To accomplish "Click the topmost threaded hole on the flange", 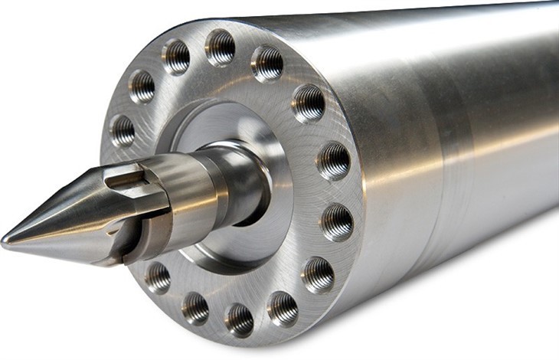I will [x=221, y=47].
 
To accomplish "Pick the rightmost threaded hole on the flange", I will [x=336, y=221].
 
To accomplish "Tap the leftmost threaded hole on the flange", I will [x=123, y=130].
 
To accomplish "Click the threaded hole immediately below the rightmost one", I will [x=318, y=273].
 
